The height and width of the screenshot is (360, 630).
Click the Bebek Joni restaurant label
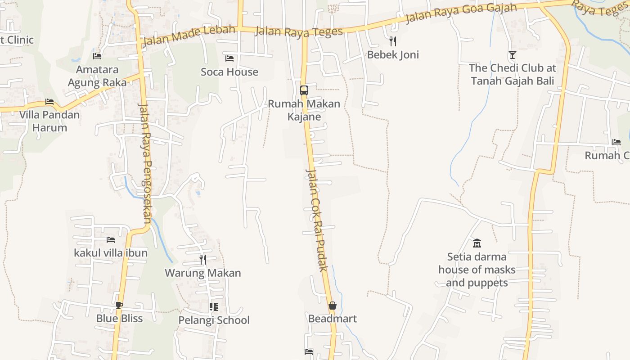pyautogui.click(x=393, y=55)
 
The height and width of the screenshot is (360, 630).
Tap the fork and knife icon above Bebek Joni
pyautogui.click(x=393, y=41)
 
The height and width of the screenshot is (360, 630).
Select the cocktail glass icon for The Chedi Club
pyautogui.click(x=512, y=55)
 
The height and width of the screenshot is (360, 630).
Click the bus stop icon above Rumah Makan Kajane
pyautogui.click(x=304, y=90)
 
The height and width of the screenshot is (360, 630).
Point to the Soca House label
pyautogui.click(x=229, y=72)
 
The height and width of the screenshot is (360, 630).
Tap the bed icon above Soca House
pyautogui.click(x=229, y=58)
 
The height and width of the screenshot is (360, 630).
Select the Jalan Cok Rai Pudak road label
pyautogui.click(x=317, y=220)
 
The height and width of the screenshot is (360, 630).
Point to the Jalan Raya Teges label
pyautogui.click(x=299, y=31)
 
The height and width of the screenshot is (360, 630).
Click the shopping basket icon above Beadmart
pyautogui.click(x=333, y=306)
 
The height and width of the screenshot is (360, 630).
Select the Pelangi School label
pyautogui.click(x=214, y=320)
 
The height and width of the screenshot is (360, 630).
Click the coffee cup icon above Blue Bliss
pyautogui.click(x=119, y=305)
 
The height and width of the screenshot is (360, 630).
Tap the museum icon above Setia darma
pyautogui.click(x=477, y=243)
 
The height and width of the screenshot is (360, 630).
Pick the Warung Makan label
pyautogui.click(x=203, y=273)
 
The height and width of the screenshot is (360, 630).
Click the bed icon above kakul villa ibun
pyautogui.click(x=111, y=239)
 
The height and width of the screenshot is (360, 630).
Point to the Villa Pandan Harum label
pyautogui.click(x=49, y=121)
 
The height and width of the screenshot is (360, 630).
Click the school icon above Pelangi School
pyautogui.click(x=214, y=307)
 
